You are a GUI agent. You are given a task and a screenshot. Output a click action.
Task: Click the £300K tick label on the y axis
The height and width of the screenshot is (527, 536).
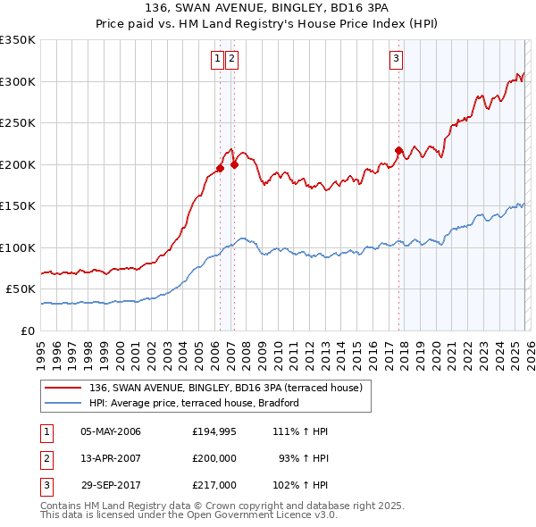click(17, 81)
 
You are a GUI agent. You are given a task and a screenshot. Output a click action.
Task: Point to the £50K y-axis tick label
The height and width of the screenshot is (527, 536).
click(20, 289)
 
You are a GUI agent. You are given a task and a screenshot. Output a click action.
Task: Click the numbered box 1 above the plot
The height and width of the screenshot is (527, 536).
click(217, 60)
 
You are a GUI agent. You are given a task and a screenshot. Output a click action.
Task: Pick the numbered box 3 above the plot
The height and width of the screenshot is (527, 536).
click(396, 60)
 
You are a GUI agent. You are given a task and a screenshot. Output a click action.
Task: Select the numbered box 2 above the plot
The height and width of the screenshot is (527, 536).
click(231, 60)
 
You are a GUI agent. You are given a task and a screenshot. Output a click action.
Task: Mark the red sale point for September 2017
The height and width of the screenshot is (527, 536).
click(399, 150)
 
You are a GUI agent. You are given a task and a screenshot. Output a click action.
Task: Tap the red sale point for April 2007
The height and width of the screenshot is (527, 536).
click(234, 164)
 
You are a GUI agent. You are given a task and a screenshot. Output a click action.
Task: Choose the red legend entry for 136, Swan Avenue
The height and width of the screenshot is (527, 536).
click(225, 388)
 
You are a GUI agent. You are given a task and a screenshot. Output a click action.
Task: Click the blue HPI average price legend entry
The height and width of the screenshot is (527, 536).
click(193, 403)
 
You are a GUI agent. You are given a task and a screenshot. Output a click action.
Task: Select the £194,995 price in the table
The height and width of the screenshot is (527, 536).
click(214, 431)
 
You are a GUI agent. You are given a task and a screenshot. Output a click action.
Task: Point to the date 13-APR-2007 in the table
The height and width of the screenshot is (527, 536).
click(111, 458)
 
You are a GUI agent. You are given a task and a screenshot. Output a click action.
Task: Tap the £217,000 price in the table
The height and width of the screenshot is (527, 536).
click(214, 485)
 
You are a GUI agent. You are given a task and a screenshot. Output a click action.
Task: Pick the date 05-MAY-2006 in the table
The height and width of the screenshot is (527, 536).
click(111, 431)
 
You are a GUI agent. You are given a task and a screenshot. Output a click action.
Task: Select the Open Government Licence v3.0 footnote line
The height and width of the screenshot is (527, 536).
click(189, 515)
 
